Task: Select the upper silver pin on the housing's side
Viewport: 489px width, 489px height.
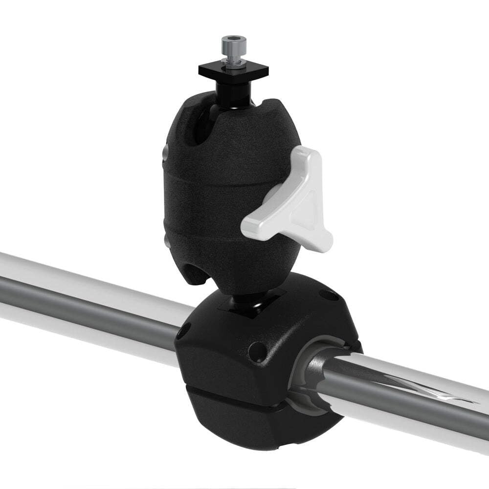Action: [x=166, y=154]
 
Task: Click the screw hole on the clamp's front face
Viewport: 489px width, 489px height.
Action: [x=255, y=350]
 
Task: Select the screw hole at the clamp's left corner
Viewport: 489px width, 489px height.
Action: [x=184, y=331]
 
